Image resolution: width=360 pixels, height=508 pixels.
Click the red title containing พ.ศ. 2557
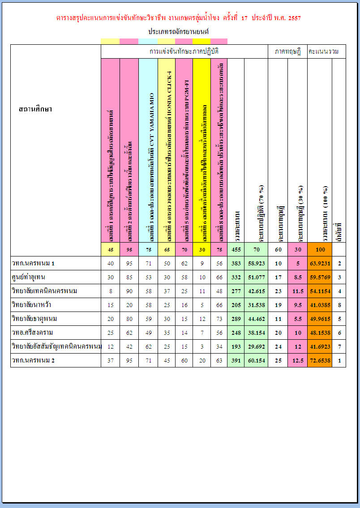click(x=179, y=18)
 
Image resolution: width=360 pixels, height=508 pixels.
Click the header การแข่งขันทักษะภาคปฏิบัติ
click(x=184, y=51)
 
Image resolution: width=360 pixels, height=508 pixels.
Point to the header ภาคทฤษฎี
click(x=287, y=51)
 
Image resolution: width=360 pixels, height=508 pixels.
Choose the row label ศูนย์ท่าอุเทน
click(x=30, y=277)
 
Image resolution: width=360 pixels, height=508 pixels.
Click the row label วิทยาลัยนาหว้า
click(x=31, y=305)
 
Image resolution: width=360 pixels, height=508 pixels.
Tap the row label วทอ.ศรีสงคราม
click(x=34, y=333)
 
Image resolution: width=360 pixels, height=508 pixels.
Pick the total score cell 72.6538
click(x=320, y=361)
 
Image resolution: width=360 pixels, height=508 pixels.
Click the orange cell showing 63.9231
click(x=320, y=264)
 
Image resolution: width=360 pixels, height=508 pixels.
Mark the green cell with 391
click(x=236, y=361)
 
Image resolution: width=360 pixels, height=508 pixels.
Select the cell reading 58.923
click(x=256, y=264)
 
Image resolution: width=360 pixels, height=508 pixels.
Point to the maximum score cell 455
click(x=236, y=249)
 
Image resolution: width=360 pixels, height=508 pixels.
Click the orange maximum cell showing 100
click(x=320, y=249)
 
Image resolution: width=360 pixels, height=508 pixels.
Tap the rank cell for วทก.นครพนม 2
click(x=339, y=361)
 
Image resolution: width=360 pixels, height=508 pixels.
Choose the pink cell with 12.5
click(x=298, y=361)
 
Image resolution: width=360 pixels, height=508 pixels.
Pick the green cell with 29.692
click(x=256, y=347)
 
